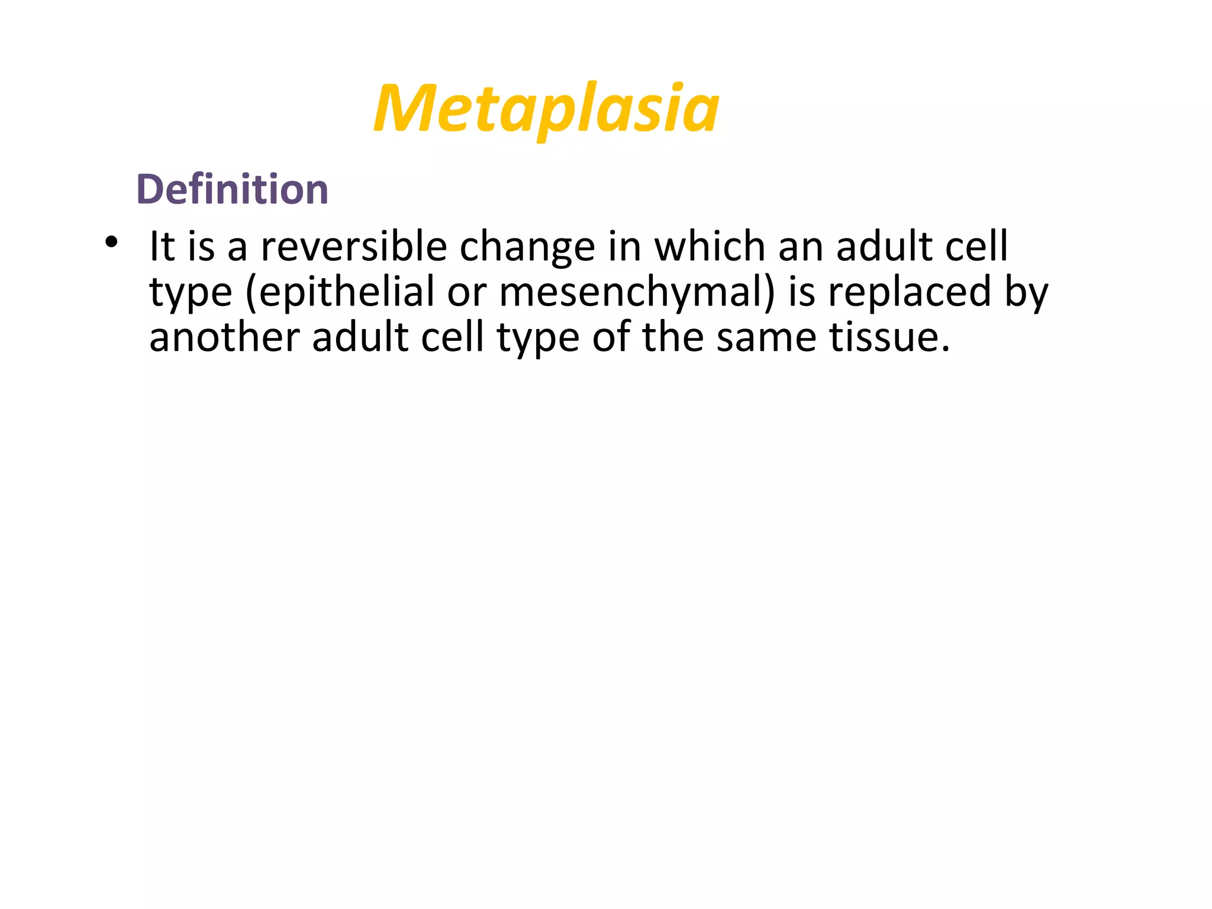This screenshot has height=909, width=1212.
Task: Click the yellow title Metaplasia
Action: pos(546,109)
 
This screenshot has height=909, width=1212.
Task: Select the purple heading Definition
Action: pos(232,189)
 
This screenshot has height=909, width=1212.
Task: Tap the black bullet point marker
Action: pos(111,242)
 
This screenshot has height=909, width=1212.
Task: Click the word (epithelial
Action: pos(340,293)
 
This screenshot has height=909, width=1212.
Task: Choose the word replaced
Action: pos(909,293)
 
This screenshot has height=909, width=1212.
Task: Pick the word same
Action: pos(766,339)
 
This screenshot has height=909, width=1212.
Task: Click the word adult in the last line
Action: pos(360,337)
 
